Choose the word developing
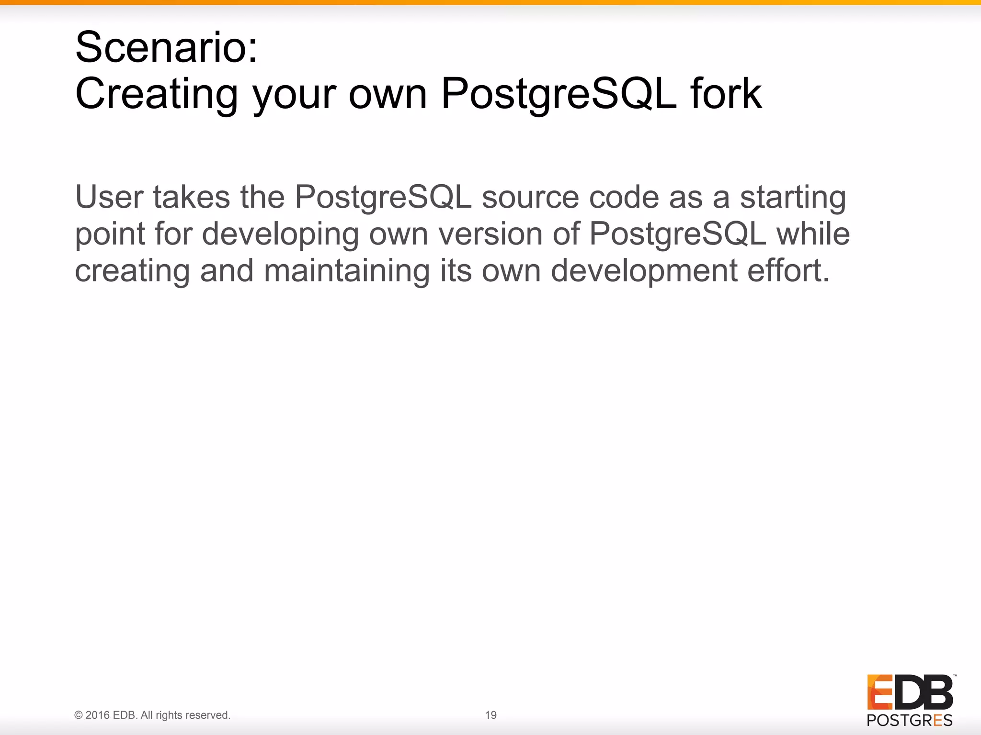[280, 235]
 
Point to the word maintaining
[347, 271]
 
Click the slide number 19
[490, 715]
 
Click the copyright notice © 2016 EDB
[152, 715]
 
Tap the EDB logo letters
[910, 692]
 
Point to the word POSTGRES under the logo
[910, 720]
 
